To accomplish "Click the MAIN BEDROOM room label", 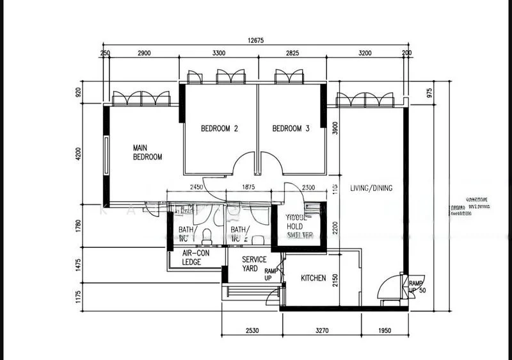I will click(147, 151).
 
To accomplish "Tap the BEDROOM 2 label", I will click(220, 129).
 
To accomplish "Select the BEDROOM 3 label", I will click(291, 129).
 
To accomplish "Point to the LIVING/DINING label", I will click(371, 188).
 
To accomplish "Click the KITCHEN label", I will click(314, 279).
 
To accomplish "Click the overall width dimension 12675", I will click(255, 40).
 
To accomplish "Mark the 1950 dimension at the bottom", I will click(383, 331).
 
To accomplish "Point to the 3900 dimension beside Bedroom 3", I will click(333, 131).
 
